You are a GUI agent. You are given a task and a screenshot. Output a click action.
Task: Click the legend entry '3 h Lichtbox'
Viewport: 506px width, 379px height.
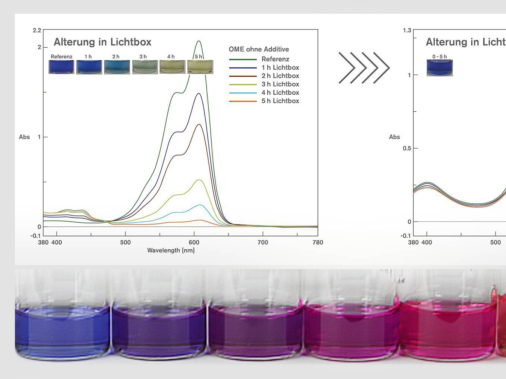(x=280, y=84)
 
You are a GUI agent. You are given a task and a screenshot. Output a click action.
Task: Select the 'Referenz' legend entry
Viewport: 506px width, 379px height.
(x=275, y=59)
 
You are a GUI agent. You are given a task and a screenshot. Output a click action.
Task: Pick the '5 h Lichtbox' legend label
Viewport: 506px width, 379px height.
(x=280, y=101)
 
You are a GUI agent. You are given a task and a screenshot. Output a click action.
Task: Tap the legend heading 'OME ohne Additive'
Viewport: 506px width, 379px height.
(x=259, y=49)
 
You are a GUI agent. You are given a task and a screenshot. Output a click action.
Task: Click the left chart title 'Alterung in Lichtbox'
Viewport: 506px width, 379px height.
(x=102, y=42)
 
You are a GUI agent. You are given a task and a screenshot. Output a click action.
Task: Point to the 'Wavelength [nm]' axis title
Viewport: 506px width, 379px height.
(x=171, y=250)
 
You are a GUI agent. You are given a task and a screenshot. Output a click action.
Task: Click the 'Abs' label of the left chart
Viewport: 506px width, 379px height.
(x=25, y=137)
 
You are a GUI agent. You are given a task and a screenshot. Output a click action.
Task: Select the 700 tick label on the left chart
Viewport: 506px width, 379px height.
(x=263, y=242)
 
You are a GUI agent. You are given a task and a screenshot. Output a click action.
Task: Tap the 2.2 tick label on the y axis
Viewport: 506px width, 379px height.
(x=37, y=30)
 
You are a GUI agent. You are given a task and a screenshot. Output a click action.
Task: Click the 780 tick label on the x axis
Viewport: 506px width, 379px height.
(x=317, y=242)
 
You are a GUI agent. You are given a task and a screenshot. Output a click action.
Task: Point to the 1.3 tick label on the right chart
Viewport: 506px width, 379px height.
(x=407, y=30)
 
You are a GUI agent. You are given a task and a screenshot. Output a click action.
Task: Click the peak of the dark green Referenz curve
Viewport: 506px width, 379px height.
(x=199, y=41)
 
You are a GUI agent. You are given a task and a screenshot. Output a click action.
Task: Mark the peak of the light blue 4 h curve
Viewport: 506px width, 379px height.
(x=200, y=205)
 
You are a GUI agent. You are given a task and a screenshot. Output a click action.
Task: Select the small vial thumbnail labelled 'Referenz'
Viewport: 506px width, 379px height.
(x=61, y=67)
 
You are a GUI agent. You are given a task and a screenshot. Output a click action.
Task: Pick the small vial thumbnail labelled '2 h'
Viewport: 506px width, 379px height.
(x=117, y=67)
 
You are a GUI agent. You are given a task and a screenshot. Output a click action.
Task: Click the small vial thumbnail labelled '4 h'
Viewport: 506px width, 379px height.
(x=172, y=67)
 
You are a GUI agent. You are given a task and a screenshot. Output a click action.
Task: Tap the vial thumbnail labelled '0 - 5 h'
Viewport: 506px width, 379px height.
(x=440, y=68)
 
